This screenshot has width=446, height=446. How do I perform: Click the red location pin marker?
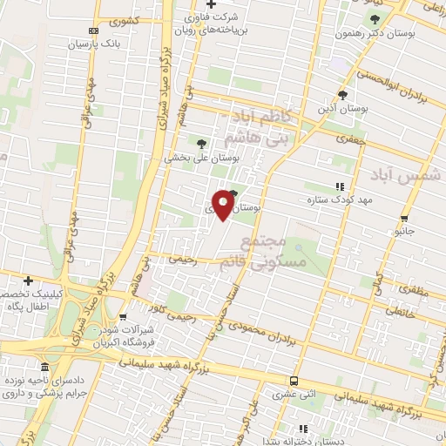[223, 204]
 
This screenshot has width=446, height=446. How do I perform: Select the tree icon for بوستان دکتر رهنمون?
[375, 19]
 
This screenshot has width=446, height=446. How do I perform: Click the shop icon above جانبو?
[403, 219]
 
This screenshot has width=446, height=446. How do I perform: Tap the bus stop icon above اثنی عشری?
[294, 381]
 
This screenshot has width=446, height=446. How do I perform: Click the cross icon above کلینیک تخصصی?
[29, 281]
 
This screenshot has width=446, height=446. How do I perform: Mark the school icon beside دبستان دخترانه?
[303, 429]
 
